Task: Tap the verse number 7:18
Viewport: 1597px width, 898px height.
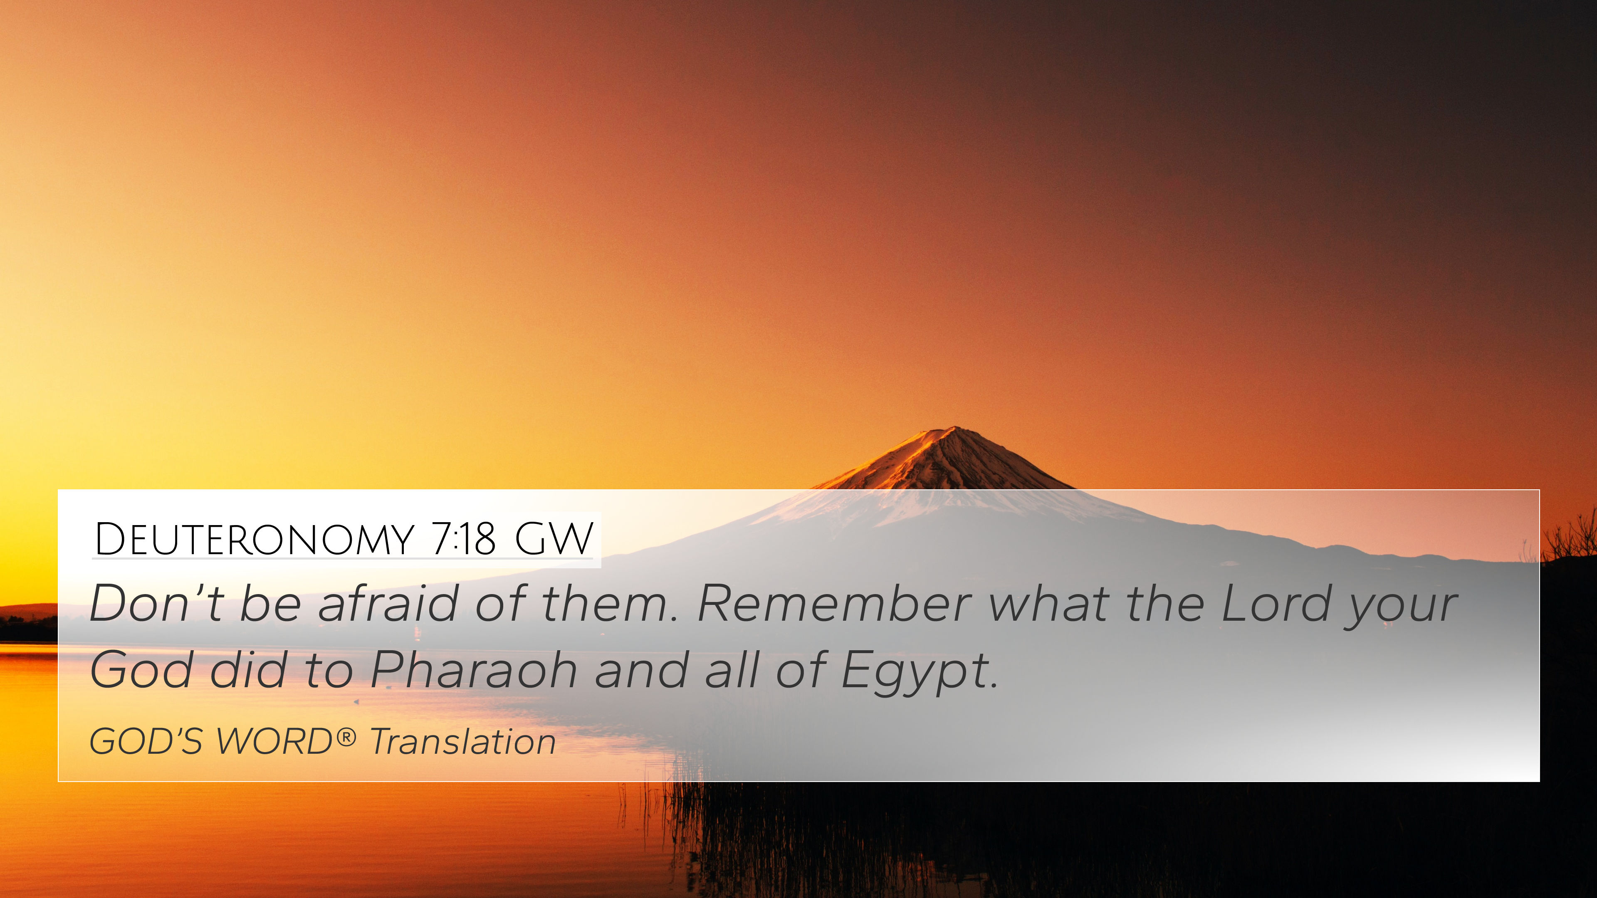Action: [x=463, y=539]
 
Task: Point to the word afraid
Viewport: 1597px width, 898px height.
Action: [x=388, y=603]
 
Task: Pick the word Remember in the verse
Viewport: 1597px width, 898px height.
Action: [x=834, y=603]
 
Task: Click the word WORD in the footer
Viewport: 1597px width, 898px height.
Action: [x=274, y=742]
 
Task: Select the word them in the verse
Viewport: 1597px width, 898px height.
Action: [x=610, y=603]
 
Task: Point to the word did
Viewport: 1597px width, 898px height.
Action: [x=248, y=670]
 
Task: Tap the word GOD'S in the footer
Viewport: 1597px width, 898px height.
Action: [x=146, y=742]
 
